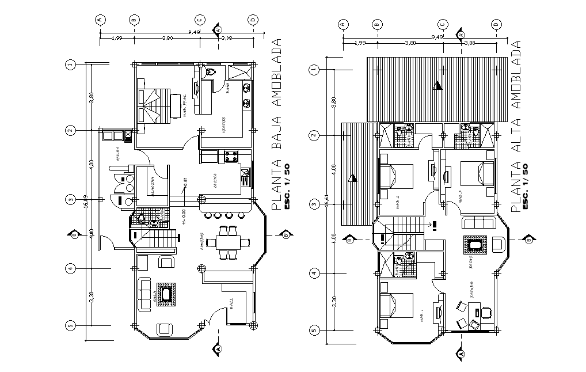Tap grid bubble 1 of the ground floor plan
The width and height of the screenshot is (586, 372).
(x=70, y=64)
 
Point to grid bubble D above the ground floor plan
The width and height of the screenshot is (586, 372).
(x=252, y=20)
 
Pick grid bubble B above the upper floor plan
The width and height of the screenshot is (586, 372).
(x=377, y=24)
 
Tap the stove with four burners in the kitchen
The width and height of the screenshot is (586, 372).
(x=233, y=156)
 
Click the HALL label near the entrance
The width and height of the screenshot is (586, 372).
(x=230, y=303)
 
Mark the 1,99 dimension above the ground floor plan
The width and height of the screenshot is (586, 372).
(x=117, y=38)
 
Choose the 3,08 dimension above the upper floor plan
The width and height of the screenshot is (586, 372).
(x=469, y=43)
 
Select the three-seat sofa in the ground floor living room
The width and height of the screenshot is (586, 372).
(x=143, y=294)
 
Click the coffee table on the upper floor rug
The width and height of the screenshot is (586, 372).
(x=475, y=246)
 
